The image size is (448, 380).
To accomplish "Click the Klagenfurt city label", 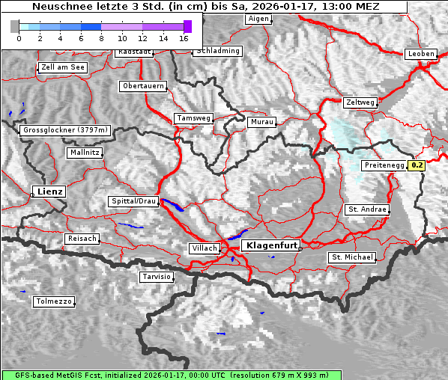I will tap(272, 245).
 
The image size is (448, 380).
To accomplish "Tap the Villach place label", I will tap(205, 248).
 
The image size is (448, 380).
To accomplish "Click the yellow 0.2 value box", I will tap(417, 165).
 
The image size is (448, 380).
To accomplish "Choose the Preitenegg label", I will tap(384, 165).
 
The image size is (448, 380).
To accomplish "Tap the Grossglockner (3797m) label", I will tap(66, 130).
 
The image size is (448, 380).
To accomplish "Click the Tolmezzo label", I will tap(54, 302).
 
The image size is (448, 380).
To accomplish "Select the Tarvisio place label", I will tap(157, 277).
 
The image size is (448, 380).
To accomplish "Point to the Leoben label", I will tap(420, 54).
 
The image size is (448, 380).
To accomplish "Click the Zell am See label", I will tap(63, 67).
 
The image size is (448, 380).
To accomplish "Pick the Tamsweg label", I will tap(193, 118).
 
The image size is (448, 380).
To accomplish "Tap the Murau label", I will tap(262, 121).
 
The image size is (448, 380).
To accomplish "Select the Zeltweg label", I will tap(360, 102).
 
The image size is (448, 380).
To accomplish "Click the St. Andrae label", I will tap(367, 209).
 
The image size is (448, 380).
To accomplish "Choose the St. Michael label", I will tap(352, 257).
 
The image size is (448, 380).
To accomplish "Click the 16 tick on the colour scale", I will tap(184, 37).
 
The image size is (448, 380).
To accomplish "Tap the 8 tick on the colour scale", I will tap(101, 37).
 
